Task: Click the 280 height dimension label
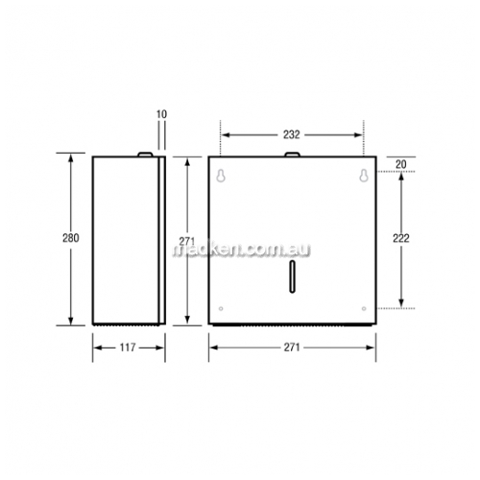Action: point(71,238)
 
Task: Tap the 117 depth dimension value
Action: point(128,348)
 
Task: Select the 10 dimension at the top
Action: point(162,114)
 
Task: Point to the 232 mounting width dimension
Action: point(291,134)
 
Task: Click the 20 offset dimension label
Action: point(401,164)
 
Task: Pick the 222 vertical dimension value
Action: point(401,238)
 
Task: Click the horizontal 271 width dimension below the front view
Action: point(292,348)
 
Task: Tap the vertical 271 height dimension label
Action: point(187,241)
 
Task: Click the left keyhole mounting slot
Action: point(221,176)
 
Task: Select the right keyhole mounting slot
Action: point(364,176)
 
